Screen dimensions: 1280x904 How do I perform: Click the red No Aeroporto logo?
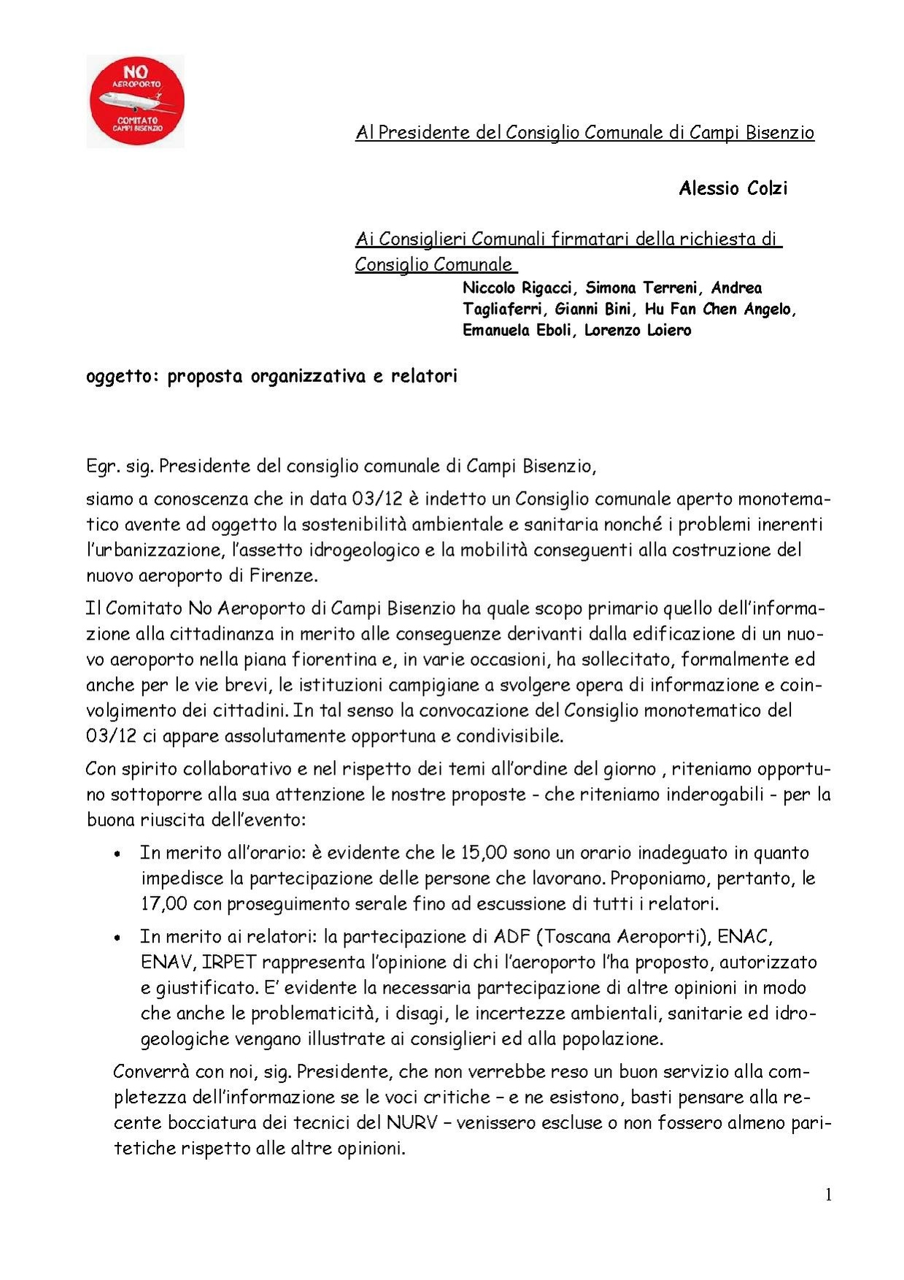point(136,101)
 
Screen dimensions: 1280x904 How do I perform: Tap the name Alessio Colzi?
point(733,188)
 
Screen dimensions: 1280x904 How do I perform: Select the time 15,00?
point(484,853)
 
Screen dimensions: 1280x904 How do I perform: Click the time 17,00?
point(164,904)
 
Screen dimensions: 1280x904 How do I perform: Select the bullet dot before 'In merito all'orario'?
point(117,854)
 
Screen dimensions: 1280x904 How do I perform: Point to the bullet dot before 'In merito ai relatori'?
point(117,938)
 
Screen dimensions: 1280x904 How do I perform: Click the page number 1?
point(828,1195)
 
